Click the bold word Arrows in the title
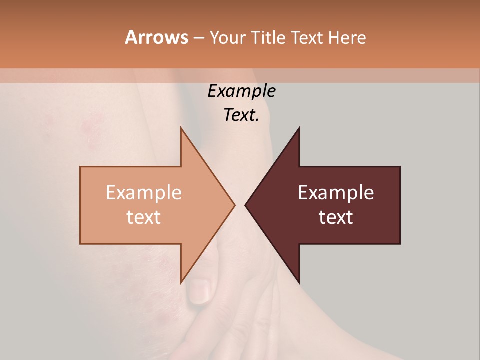pos(156,37)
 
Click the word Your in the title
pos(226,38)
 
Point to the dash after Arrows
pos(198,38)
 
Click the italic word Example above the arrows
pos(241,91)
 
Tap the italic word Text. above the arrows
pos(241,115)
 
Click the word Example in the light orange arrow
pos(144,193)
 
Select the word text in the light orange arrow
pos(144,217)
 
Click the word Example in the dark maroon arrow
pos(336,193)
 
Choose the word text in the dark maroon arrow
pos(336,217)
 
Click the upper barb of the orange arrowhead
pos(182,131)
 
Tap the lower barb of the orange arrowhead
pos(182,280)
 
